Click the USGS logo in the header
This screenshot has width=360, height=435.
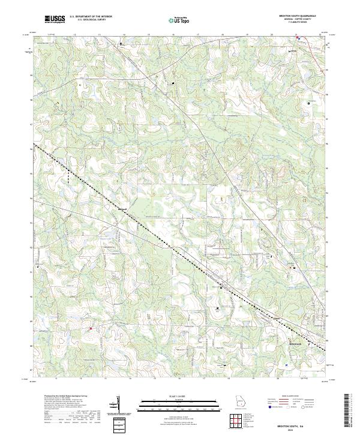pos(55,19)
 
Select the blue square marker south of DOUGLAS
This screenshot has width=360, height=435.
pos(287,364)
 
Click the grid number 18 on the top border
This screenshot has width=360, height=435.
pos(223,35)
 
